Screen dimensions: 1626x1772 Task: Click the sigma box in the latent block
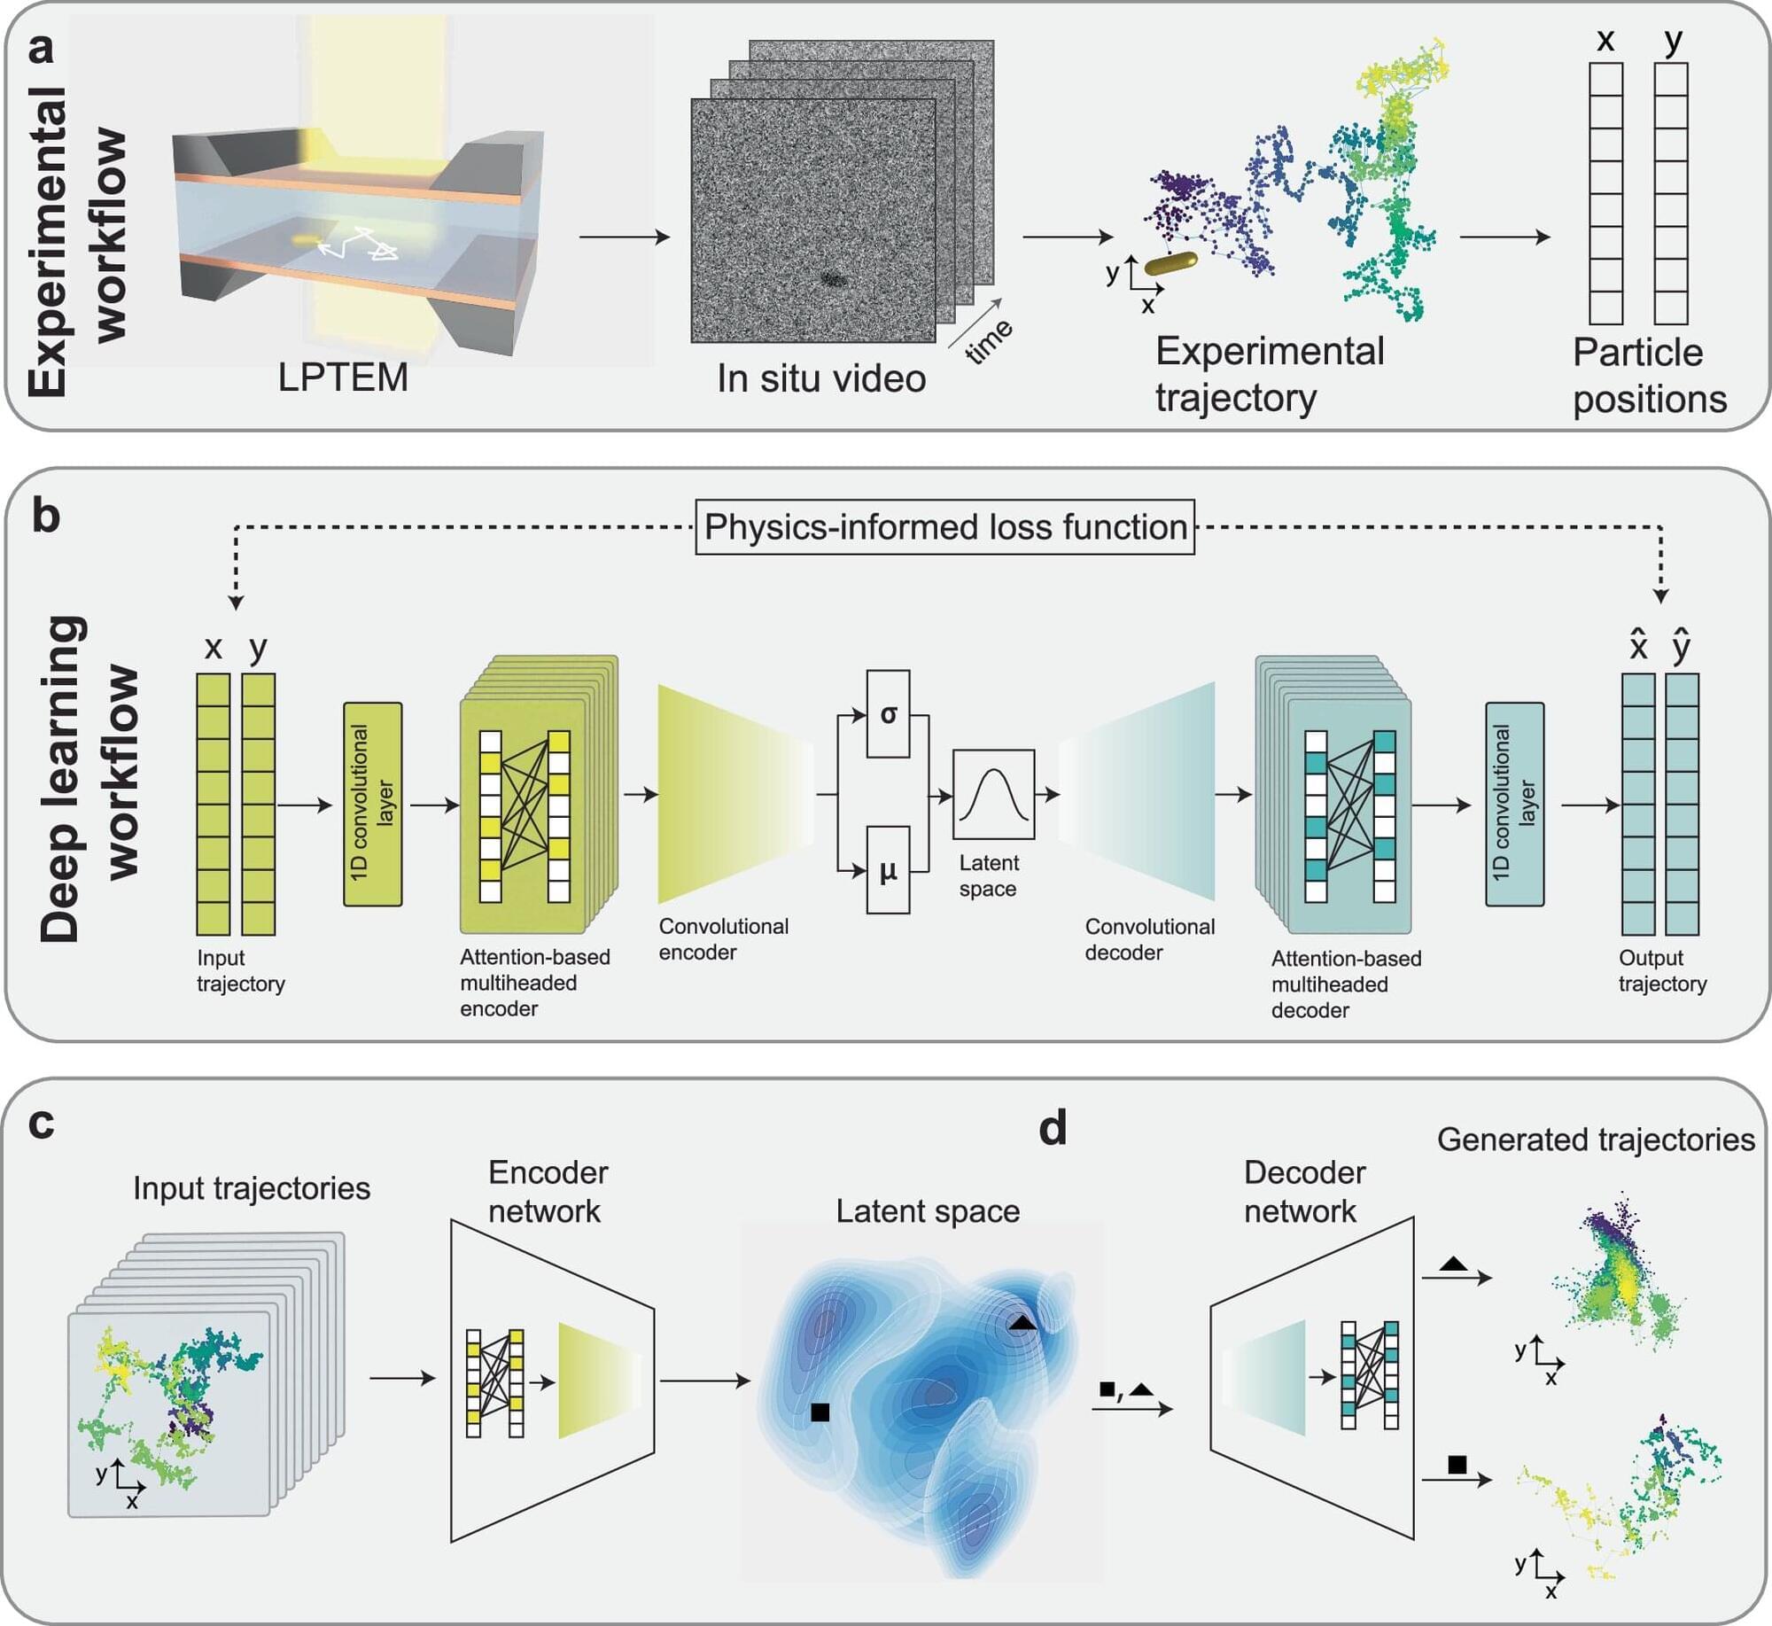click(888, 713)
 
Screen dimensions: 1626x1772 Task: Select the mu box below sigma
click(888, 869)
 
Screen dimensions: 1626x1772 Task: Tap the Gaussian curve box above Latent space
click(993, 794)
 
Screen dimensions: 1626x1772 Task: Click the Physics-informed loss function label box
click(944, 527)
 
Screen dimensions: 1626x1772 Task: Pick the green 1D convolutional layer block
click(372, 804)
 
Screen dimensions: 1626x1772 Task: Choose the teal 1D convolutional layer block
click(1514, 804)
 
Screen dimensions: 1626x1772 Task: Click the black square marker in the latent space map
click(820, 1412)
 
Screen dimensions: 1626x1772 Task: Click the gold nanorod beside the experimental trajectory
click(1170, 263)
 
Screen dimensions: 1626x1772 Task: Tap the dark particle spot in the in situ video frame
click(833, 279)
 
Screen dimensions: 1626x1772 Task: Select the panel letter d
click(1053, 1128)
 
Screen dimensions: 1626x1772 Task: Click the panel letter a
click(41, 48)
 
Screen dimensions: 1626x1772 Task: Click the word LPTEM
click(343, 377)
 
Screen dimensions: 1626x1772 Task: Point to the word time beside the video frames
click(989, 341)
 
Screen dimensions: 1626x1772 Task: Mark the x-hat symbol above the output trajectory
click(1638, 644)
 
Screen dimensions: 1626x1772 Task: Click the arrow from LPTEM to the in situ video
click(625, 237)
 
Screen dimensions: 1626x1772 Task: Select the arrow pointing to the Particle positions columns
click(1504, 237)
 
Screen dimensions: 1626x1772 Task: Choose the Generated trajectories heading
click(1596, 1140)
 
